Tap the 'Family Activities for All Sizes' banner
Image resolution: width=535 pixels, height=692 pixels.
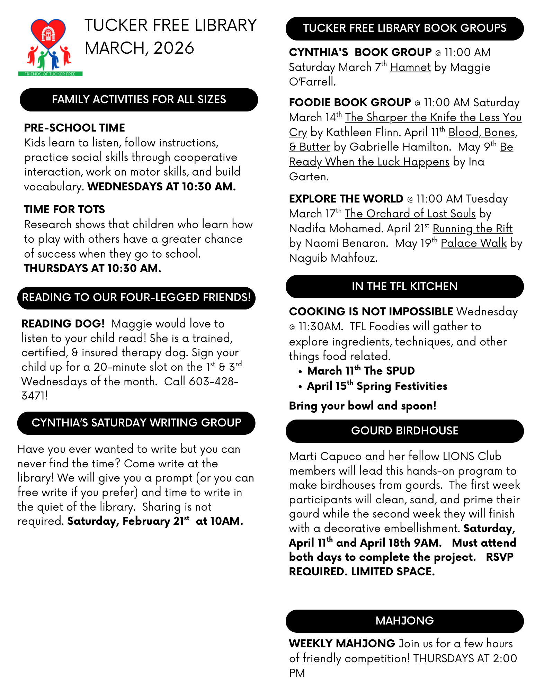[x=139, y=100]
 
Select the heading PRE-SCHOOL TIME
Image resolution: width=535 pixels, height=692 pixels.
[x=74, y=128]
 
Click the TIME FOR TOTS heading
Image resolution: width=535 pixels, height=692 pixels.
[x=64, y=209]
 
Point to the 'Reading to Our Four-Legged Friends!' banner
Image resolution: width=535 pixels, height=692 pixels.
[x=136, y=298]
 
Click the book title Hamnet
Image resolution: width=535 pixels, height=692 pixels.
[x=410, y=67]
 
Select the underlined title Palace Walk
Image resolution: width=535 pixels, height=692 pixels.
[x=473, y=243]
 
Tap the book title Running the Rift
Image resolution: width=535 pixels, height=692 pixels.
[x=472, y=228]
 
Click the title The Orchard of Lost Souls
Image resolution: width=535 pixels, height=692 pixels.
[x=410, y=214]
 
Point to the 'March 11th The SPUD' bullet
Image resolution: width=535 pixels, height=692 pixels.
[x=360, y=371]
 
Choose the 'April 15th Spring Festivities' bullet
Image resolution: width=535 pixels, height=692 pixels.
[x=377, y=386]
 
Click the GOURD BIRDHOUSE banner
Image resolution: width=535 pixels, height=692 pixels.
[x=404, y=431]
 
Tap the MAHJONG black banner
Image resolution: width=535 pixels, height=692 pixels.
[x=404, y=621]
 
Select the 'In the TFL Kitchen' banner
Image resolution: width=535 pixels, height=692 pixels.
[x=404, y=287]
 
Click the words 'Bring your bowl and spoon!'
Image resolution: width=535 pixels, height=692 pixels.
[x=363, y=406]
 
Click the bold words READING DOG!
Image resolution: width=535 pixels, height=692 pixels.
[x=63, y=324]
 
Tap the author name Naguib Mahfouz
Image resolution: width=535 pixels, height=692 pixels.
[x=333, y=258]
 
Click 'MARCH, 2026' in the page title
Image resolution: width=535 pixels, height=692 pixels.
[x=139, y=48]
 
